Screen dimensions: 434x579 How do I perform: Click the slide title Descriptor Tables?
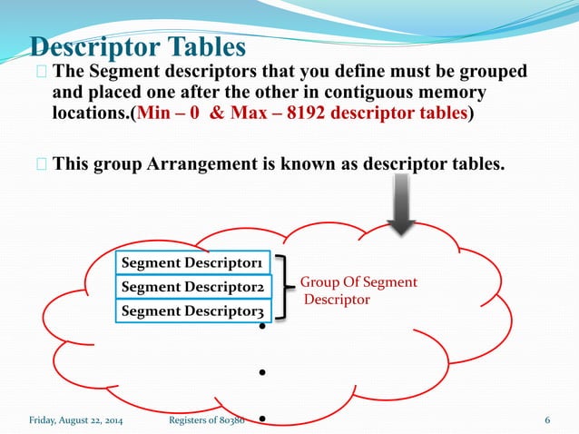pyautogui.click(x=139, y=46)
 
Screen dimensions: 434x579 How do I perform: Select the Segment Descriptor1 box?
pyautogui.click(x=193, y=262)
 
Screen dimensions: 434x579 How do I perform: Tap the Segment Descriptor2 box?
pyautogui.click(x=193, y=287)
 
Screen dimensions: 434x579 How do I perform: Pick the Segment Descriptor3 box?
pyautogui.click(x=193, y=311)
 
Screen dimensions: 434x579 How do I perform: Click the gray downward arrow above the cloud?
pyautogui.click(x=400, y=205)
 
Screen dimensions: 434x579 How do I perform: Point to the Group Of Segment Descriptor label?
pyautogui.click(x=358, y=291)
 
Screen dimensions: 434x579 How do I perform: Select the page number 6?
pyautogui.click(x=547, y=419)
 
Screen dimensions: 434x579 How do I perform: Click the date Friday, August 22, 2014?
pyautogui.click(x=78, y=419)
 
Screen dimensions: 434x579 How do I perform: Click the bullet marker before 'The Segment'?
pyautogui.click(x=42, y=72)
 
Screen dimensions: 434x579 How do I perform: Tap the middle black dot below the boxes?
pyautogui.click(x=261, y=372)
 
